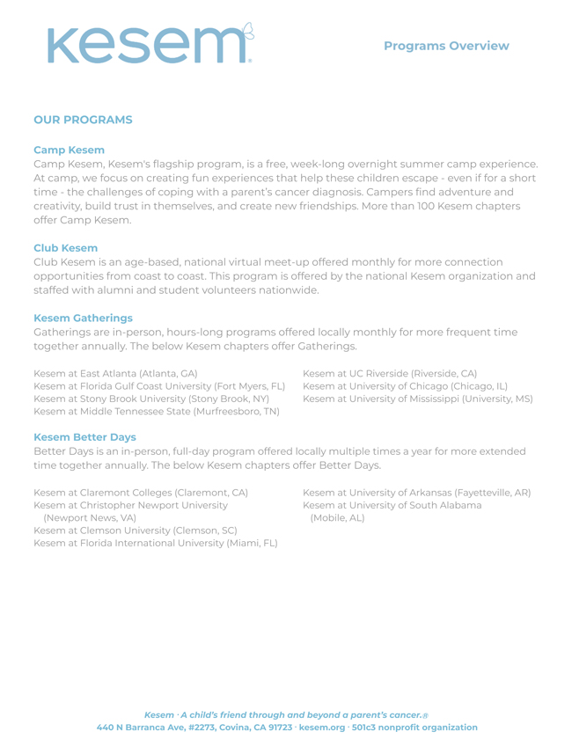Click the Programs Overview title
(x=446, y=45)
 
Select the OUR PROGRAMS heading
(x=83, y=119)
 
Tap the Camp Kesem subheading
(x=69, y=150)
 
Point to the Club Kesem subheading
(x=66, y=248)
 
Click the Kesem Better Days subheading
(x=84, y=435)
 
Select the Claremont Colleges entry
(x=141, y=492)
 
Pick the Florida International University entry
(x=155, y=545)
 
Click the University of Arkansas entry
(x=416, y=492)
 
